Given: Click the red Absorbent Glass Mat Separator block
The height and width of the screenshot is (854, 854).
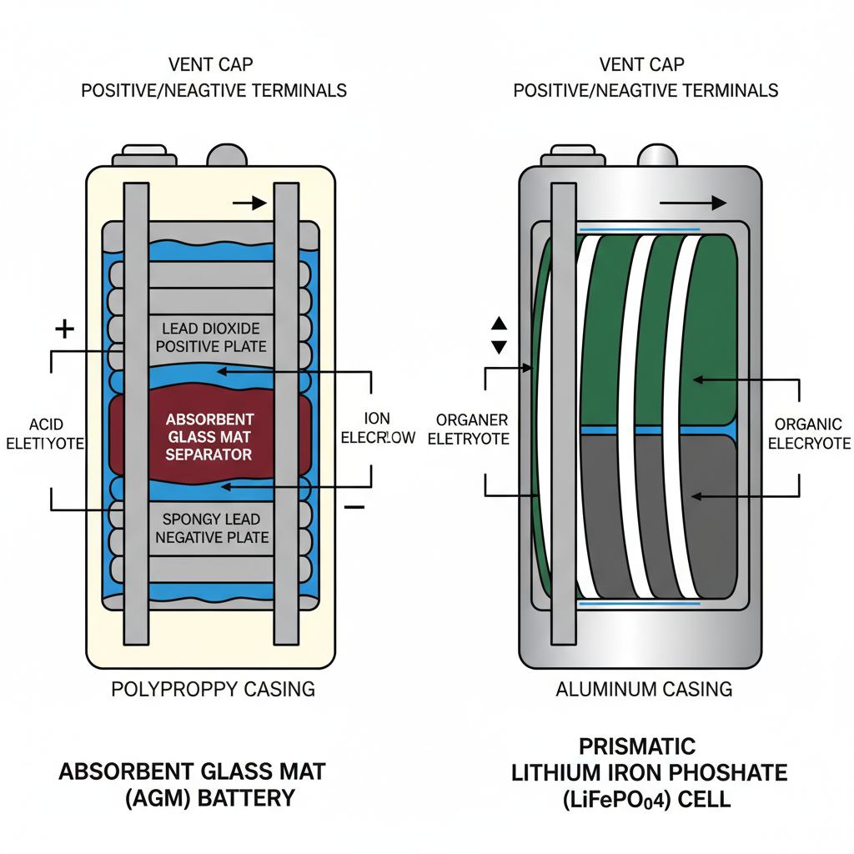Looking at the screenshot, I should [209, 435].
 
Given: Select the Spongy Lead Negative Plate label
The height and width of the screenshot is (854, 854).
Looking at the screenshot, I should [212, 528].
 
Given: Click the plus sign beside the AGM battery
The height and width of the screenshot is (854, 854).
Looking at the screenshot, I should [64, 329].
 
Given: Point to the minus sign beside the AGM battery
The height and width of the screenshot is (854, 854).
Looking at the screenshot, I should [354, 506].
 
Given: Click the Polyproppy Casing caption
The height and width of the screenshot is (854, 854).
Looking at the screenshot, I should [213, 689].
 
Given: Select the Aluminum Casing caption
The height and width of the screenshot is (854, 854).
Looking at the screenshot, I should [644, 689].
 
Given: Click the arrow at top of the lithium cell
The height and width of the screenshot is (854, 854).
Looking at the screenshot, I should [692, 202].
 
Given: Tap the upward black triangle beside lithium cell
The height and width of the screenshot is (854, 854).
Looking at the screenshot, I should [499, 324].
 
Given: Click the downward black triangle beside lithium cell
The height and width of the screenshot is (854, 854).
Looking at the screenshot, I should [499, 347].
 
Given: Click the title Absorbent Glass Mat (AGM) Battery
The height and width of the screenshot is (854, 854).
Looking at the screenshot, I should [192, 784].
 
